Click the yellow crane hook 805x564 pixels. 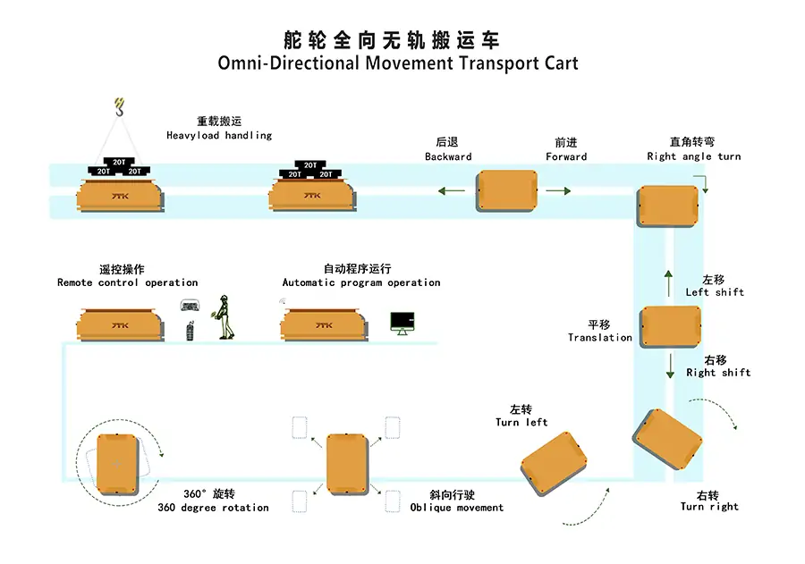coord(120,107)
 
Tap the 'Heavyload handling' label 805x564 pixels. coord(219,136)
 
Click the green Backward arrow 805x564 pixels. coord(451,190)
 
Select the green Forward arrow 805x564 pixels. coord(557,190)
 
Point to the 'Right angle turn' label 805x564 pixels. coord(693,156)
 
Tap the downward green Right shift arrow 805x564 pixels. coord(670,366)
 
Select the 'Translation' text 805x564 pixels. coord(599,338)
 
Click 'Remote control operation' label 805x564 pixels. coord(127,282)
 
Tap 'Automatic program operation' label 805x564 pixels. coord(361,282)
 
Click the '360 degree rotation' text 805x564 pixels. coord(213,508)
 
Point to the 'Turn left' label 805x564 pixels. coord(521,422)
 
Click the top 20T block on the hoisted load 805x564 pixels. coord(118,163)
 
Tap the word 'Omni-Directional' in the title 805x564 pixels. coord(288,63)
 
